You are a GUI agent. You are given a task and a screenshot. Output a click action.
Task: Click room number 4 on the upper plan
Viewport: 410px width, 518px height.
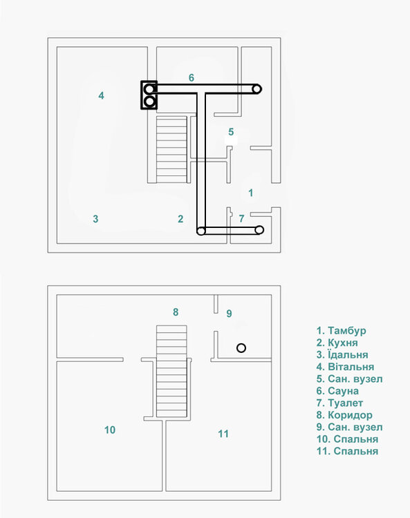point(101,95)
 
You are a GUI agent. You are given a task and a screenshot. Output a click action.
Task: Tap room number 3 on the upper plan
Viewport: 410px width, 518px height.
point(95,219)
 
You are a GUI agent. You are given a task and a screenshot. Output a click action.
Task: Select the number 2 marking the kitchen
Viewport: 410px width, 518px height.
point(180,219)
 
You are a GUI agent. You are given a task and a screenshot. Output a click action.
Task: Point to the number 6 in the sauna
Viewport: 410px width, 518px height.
point(191,77)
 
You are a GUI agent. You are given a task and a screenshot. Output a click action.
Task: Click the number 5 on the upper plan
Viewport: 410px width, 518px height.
point(231,131)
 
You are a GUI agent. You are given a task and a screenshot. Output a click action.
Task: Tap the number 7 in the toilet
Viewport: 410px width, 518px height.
point(241,218)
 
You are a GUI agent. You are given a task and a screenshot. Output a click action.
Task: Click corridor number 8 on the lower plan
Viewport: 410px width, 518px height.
point(176,312)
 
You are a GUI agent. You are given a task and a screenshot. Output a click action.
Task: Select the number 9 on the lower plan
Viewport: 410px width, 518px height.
point(229,313)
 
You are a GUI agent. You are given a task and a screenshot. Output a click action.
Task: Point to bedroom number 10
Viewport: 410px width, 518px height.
point(109,430)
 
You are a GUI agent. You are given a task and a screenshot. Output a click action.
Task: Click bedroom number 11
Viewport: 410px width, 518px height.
point(223,434)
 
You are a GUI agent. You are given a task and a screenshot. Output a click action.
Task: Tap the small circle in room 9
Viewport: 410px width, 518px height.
point(241,347)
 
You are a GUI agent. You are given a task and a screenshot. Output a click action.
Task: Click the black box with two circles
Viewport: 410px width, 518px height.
point(149,95)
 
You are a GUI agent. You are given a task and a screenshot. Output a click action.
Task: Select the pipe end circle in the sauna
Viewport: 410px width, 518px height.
point(257,88)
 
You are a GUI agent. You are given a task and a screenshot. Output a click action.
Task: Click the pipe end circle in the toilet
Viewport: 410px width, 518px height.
point(260,230)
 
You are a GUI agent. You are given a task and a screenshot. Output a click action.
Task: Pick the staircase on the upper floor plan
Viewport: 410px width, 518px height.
point(172,149)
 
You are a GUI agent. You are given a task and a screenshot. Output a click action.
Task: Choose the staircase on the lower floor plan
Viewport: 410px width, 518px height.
point(172,371)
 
